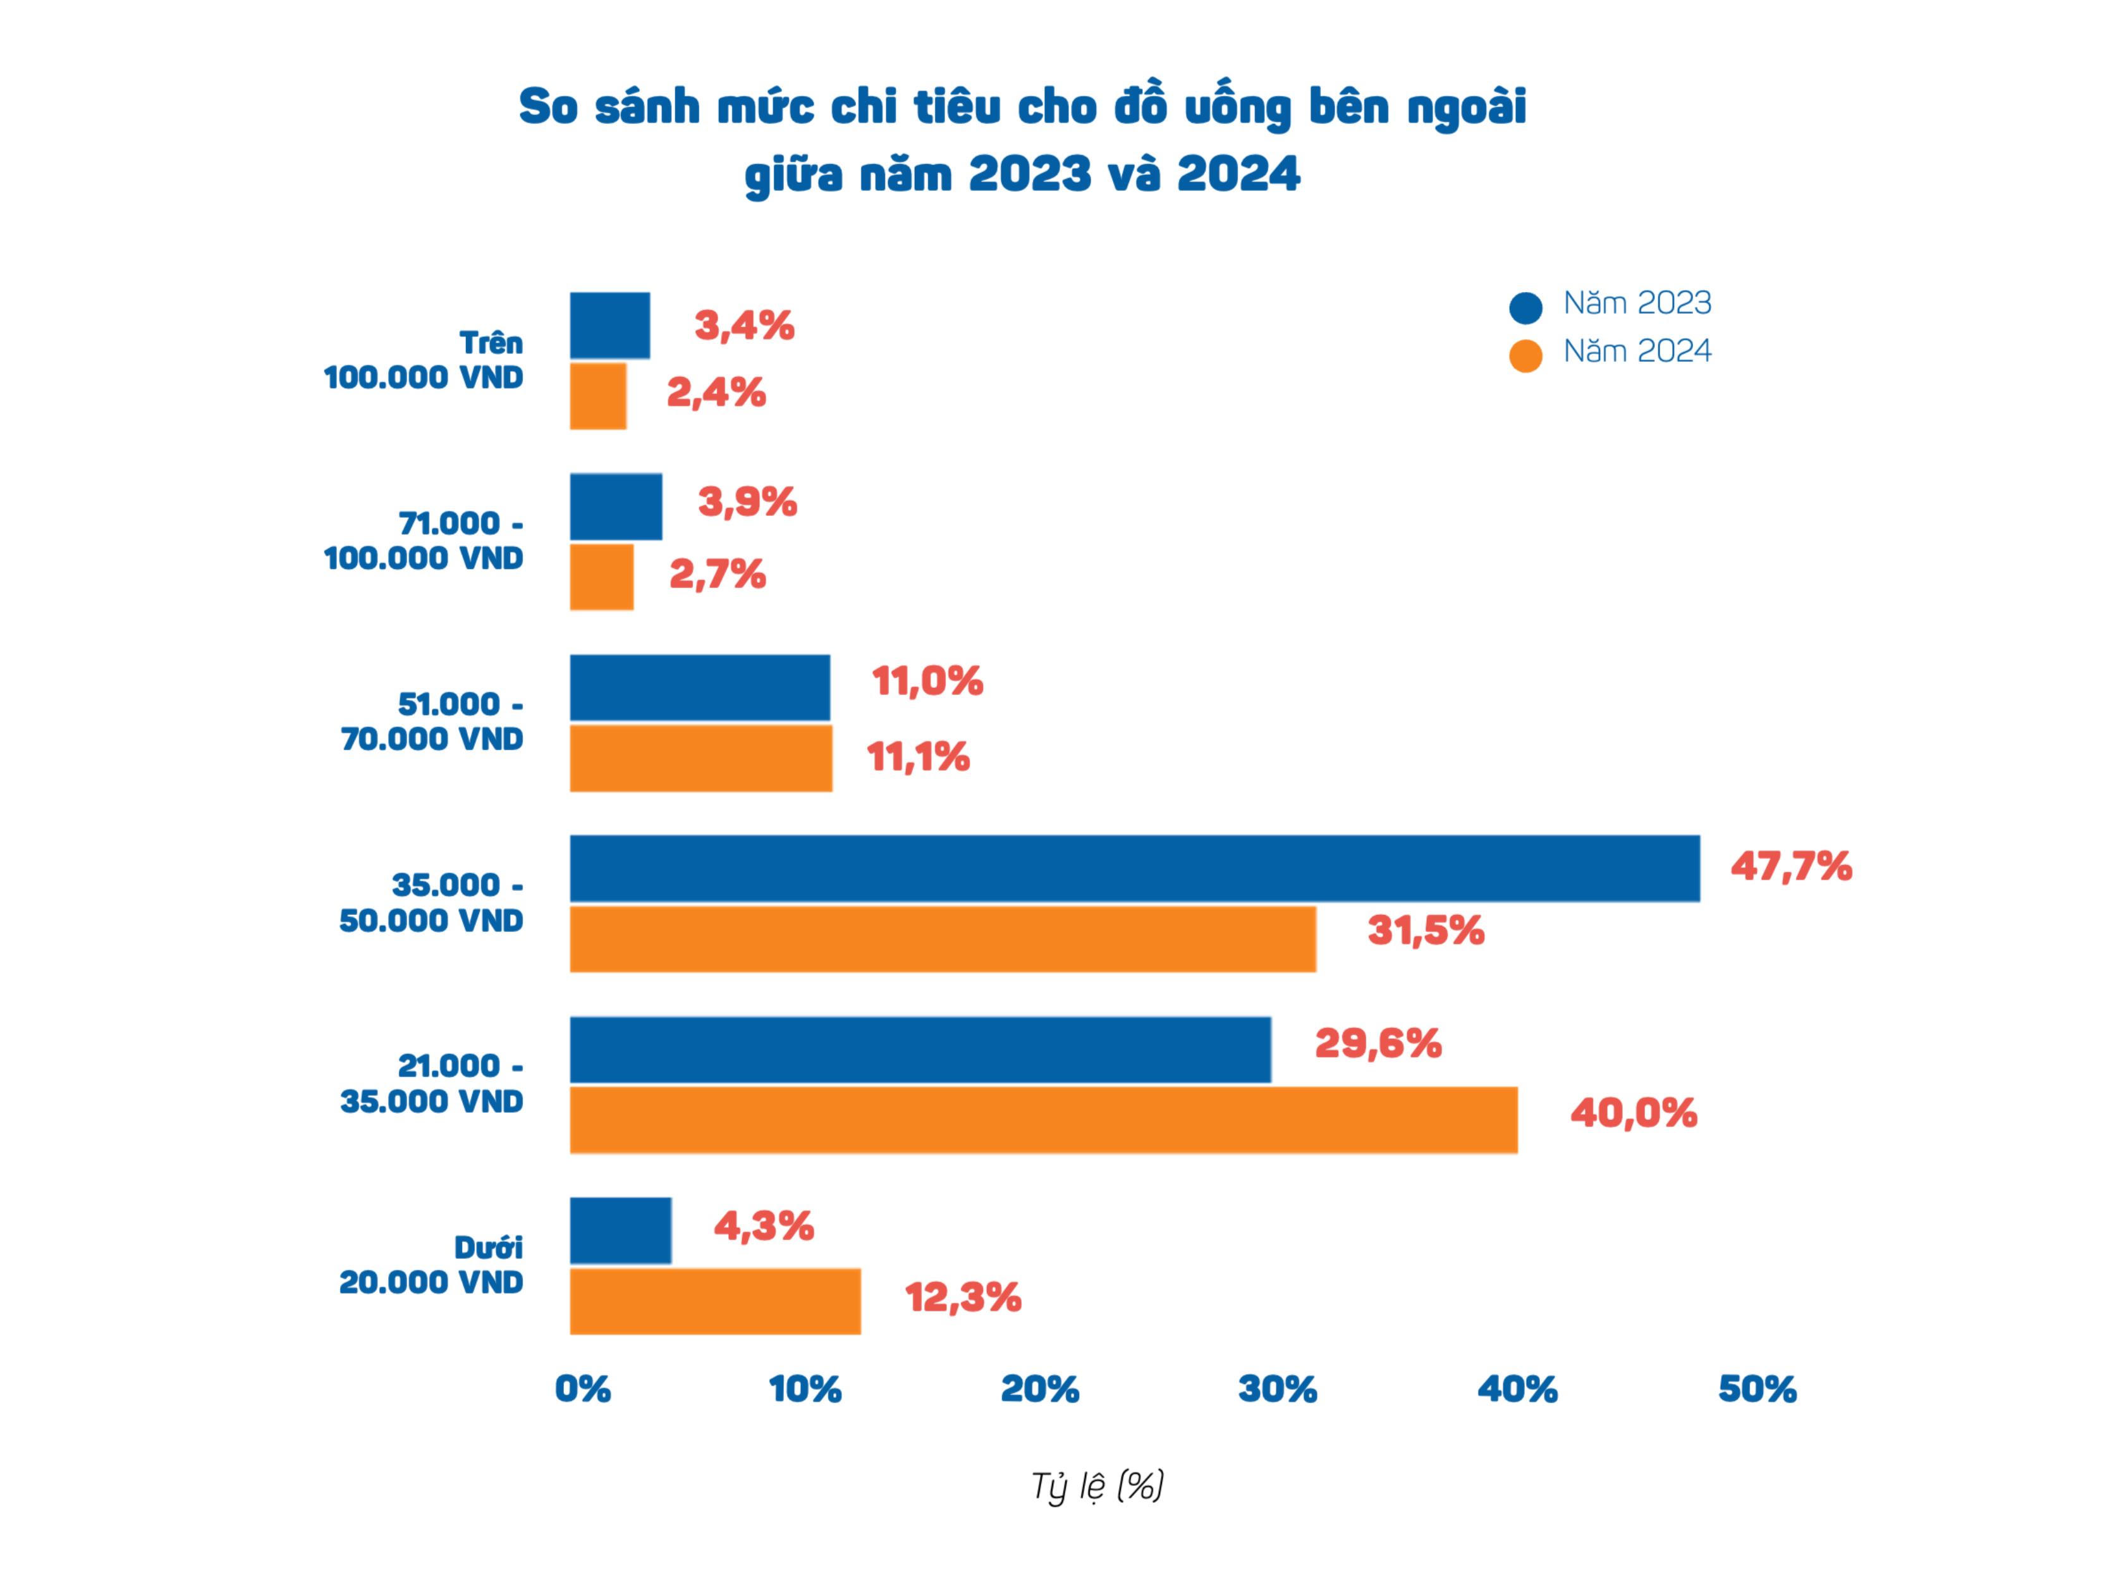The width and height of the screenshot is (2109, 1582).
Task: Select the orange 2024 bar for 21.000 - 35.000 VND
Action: tap(1043, 1120)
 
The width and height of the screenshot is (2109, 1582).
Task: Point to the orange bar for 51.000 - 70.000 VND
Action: tap(700, 758)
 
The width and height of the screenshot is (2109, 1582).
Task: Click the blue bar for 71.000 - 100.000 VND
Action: tap(616, 506)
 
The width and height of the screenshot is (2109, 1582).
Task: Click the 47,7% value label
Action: tap(1790, 867)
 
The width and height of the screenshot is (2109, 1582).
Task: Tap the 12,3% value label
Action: tap(963, 1298)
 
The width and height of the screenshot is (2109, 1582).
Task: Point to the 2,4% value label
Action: tap(716, 393)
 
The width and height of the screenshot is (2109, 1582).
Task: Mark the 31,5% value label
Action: tap(1426, 931)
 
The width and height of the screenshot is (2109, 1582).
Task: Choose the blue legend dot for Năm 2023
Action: tap(1525, 307)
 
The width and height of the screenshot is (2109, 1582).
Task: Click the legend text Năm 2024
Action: tap(1637, 352)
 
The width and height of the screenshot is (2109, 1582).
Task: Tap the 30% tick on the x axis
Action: tap(1278, 1389)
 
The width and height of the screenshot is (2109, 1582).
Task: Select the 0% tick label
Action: tap(582, 1389)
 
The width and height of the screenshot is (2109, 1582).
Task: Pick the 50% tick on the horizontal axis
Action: tap(1757, 1389)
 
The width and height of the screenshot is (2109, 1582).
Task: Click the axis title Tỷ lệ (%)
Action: tap(1097, 1486)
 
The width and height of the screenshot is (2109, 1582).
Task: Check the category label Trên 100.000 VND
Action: tap(424, 360)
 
